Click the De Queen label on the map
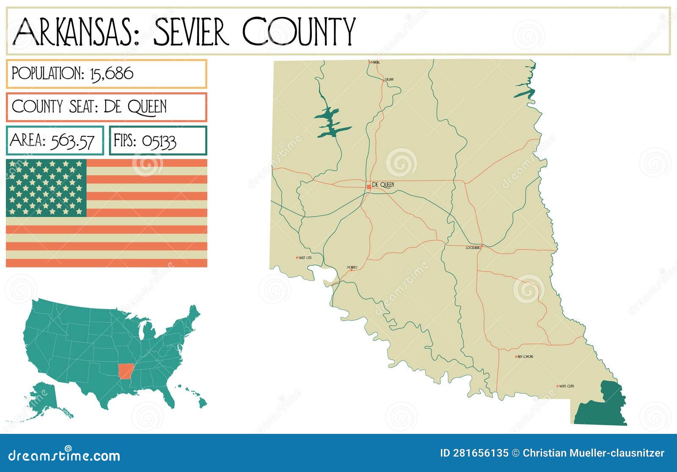pos(383,185)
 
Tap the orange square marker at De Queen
pos(369,186)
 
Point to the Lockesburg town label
pos(473,247)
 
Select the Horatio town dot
pos(351,270)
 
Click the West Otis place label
pos(305,258)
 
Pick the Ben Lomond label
pos(526,357)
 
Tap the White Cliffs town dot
pos(558,386)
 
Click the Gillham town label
pos(389,80)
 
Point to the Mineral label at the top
pos(375,62)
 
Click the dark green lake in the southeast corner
pos(601,405)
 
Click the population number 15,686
pos(112,74)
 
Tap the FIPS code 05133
pos(159,141)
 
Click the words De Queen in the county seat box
pos(135,107)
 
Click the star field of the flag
pos(46,188)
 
